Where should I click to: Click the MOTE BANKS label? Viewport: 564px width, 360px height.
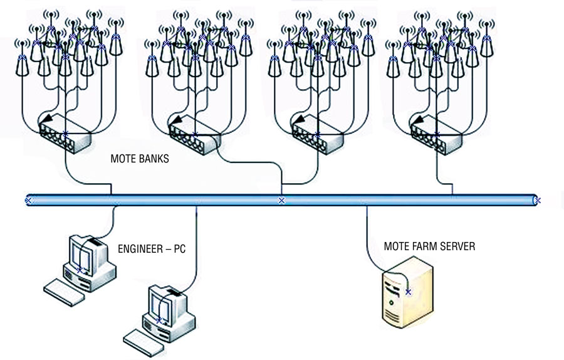pyautogui.click(x=140, y=159)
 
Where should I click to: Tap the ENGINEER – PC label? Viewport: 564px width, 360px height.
pyautogui.click(x=152, y=249)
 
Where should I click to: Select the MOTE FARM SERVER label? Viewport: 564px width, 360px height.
pyautogui.click(x=429, y=246)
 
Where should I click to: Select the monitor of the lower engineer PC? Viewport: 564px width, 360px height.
pyautogui.click(x=164, y=305)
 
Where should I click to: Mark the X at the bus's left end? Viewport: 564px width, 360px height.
pyautogui.click(x=28, y=201)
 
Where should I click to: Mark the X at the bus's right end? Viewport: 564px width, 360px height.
pyautogui.click(x=537, y=201)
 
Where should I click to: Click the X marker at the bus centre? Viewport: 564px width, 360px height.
pyautogui.click(x=281, y=201)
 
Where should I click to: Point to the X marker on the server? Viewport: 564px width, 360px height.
pyautogui.click(x=409, y=292)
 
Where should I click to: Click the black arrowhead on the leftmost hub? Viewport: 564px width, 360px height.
pyautogui.click(x=45, y=120)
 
